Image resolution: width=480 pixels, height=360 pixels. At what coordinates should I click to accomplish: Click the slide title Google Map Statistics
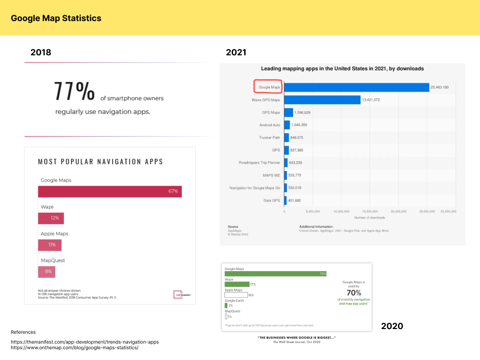56,18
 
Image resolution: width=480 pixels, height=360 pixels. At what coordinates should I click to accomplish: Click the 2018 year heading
41,52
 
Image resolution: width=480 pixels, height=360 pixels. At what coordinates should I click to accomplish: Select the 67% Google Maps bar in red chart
110,192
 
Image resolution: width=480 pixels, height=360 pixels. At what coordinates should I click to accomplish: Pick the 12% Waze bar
51,218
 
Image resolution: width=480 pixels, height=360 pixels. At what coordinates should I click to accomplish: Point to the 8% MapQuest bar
46,271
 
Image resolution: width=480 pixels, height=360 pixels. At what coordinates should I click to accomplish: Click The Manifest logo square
177,294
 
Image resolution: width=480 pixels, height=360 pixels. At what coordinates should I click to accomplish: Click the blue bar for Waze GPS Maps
322,100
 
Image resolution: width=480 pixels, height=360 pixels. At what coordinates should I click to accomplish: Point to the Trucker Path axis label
270,138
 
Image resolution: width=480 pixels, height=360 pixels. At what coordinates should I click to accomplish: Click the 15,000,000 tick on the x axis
370,212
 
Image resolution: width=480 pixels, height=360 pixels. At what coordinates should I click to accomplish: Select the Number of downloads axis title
369,217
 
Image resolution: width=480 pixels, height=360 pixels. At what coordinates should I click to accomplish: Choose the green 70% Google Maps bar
276,274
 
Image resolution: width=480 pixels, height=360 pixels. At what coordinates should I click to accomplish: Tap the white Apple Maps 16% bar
236,295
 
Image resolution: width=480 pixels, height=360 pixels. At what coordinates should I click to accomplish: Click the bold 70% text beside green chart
354,293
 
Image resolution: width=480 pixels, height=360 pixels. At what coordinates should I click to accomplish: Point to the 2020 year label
392,326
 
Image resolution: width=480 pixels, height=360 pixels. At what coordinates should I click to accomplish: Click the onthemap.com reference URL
75,348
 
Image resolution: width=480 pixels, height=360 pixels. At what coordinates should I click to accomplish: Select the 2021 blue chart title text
342,68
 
